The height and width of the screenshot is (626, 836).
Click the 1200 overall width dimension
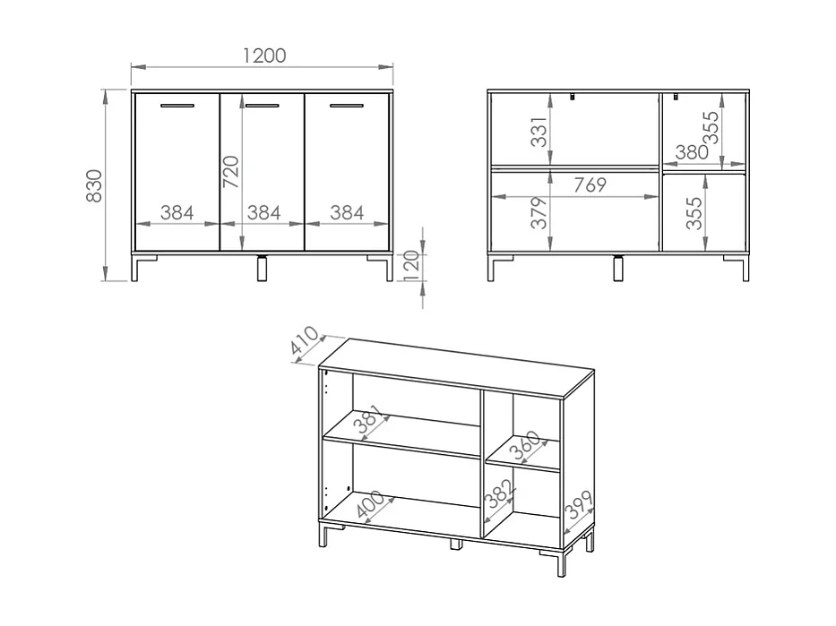(263, 56)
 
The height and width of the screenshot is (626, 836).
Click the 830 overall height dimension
(96, 185)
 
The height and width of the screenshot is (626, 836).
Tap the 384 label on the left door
(177, 212)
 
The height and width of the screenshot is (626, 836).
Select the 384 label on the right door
(347, 212)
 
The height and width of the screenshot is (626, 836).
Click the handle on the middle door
(263, 107)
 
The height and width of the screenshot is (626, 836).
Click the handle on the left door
(177, 107)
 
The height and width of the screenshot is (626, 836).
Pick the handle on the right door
(348, 107)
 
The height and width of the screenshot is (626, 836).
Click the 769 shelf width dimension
(590, 185)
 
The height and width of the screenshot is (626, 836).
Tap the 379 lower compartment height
(539, 212)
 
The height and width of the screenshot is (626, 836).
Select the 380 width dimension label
(692, 152)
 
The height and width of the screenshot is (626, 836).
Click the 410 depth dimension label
(306, 344)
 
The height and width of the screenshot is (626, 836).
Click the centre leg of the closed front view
(263, 269)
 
